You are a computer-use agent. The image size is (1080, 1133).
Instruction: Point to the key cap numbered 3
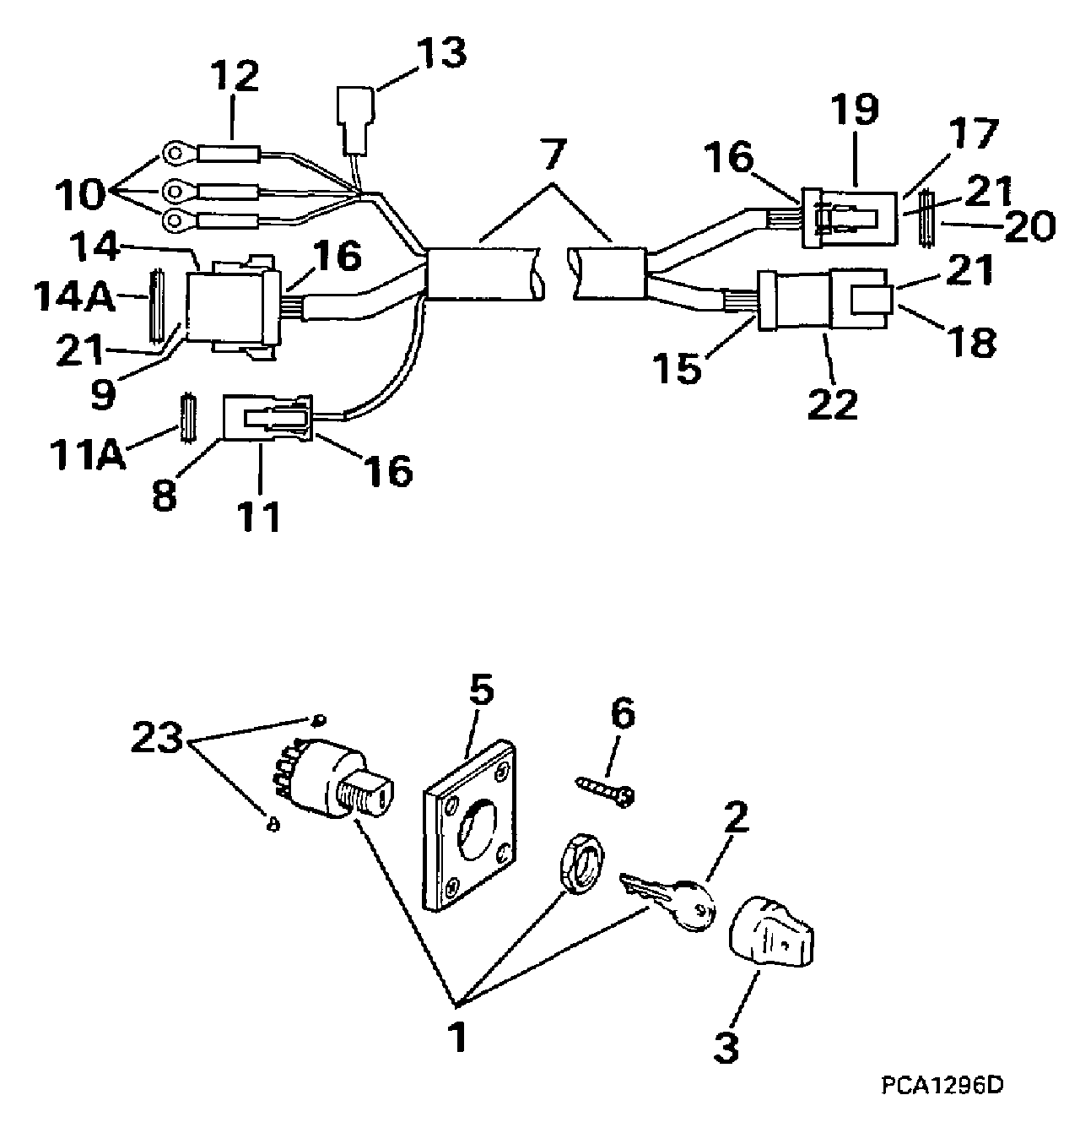[773, 934]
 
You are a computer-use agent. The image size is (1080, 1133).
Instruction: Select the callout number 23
[158, 740]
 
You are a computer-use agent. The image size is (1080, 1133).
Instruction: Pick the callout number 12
[234, 79]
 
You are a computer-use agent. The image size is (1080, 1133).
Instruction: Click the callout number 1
[456, 1036]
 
